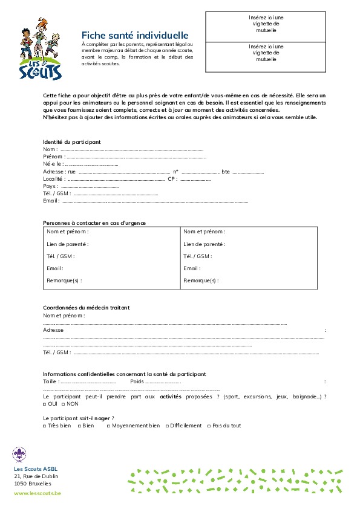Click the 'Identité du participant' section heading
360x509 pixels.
tap(71, 141)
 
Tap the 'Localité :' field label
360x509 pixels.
tap(54, 179)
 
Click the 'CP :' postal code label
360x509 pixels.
tap(172, 179)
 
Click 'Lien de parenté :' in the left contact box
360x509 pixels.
tap(68, 244)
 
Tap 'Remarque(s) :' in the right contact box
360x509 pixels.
tap(201, 280)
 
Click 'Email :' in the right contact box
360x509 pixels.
tap(192, 268)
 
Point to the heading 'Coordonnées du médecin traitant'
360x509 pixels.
tap(87, 308)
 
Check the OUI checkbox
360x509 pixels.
tap(45, 404)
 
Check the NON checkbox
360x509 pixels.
tap(64, 404)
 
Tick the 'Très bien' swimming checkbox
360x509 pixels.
tap(45, 426)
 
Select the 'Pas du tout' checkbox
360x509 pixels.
tap(209, 426)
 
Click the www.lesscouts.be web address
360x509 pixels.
tap(38, 493)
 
